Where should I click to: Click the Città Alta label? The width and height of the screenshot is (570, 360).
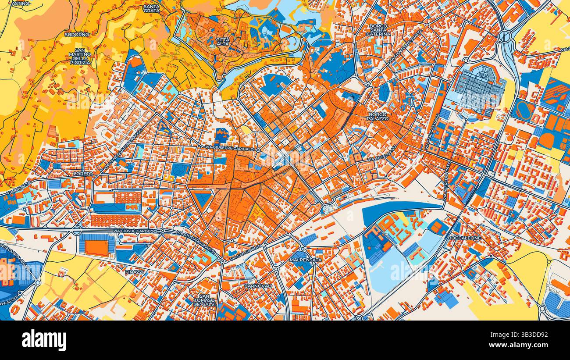click(222, 42)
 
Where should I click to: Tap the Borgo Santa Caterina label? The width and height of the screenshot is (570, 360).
click(378, 29)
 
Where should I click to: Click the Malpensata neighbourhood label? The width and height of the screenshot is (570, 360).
click(305, 260)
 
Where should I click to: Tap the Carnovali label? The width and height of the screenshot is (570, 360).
click(258, 286)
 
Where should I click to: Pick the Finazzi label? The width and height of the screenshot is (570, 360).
click(134, 272)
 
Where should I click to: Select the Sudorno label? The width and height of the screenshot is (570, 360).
click(74, 34)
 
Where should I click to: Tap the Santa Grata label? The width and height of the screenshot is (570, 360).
click(152, 8)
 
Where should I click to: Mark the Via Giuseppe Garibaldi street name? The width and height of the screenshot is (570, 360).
click(229, 149)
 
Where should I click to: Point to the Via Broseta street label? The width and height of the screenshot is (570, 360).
click(18, 188)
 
